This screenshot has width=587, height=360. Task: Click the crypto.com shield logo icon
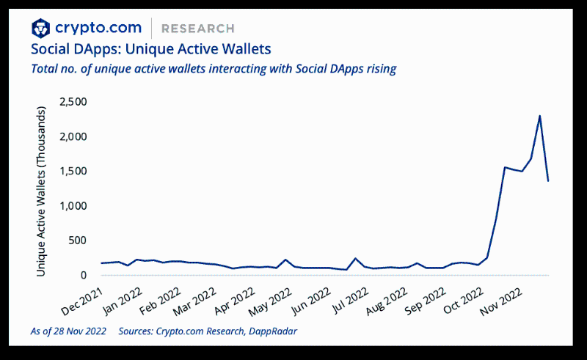(41, 28)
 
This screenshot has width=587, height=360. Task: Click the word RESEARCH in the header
(198, 29)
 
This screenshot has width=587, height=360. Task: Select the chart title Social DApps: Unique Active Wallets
(150, 50)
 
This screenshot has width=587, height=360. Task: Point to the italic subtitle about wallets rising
(214, 69)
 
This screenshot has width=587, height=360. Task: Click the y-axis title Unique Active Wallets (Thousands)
(42, 191)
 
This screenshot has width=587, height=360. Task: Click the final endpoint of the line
(548, 180)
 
